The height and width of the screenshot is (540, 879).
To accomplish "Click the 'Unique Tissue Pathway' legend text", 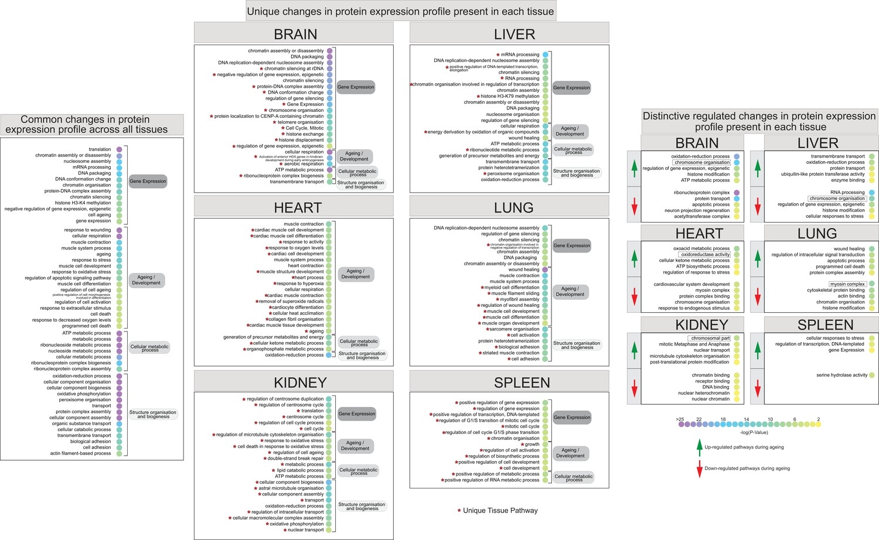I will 500,511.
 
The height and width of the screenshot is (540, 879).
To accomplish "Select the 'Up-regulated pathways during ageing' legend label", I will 744,447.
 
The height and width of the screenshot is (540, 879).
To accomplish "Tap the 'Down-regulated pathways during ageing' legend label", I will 747,469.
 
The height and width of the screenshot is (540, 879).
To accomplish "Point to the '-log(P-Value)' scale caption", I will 753,432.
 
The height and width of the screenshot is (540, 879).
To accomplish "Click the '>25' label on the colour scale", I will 680,419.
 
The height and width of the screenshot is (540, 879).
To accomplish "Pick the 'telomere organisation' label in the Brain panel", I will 300,122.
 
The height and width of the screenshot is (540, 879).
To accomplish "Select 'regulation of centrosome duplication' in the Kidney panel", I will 285,399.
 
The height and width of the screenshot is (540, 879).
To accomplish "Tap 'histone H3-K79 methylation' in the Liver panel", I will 510,97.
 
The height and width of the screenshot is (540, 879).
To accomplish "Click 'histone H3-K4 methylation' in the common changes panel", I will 83,203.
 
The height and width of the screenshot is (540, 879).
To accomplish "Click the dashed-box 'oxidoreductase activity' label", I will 705,255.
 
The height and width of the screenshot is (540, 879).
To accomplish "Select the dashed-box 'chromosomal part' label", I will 710,339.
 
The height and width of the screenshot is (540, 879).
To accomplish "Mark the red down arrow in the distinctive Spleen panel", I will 758,388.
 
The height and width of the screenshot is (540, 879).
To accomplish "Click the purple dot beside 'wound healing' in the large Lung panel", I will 545,269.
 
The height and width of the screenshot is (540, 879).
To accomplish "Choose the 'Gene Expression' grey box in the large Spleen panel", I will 572,418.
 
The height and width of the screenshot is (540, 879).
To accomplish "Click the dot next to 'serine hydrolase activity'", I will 872,375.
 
